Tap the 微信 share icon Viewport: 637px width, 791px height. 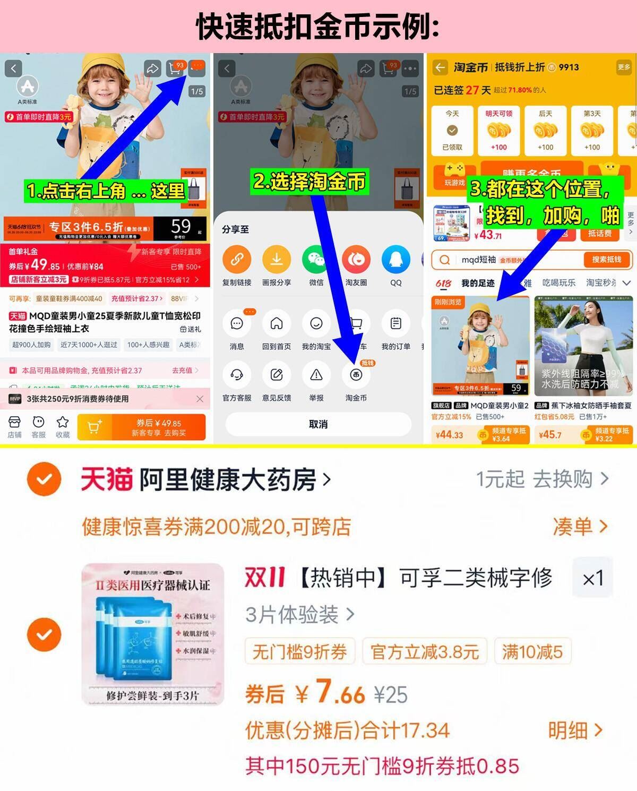click(316, 260)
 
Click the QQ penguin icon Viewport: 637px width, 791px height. click(395, 260)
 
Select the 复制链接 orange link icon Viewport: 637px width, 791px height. click(237, 260)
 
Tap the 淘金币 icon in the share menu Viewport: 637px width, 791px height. click(356, 375)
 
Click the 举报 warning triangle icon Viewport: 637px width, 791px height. click(316, 375)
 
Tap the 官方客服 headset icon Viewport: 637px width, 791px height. click(237, 375)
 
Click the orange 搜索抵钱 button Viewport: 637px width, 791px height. click(606, 260)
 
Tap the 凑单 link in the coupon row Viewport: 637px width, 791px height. click(580, 527)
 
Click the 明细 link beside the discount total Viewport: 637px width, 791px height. click(575, 730)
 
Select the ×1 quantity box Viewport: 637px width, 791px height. click(592, 578)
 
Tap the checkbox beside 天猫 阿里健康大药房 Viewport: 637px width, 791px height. click(44, 479)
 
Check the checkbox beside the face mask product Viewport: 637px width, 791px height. click(44, 634)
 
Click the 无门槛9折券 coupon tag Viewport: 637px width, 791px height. click(300, 651)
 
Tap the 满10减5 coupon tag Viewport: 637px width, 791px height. click(532, 651)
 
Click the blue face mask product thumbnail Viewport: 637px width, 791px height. click(153, 634)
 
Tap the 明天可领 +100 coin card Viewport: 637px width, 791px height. click(498, 131)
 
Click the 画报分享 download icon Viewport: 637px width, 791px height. click(277, 260)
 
